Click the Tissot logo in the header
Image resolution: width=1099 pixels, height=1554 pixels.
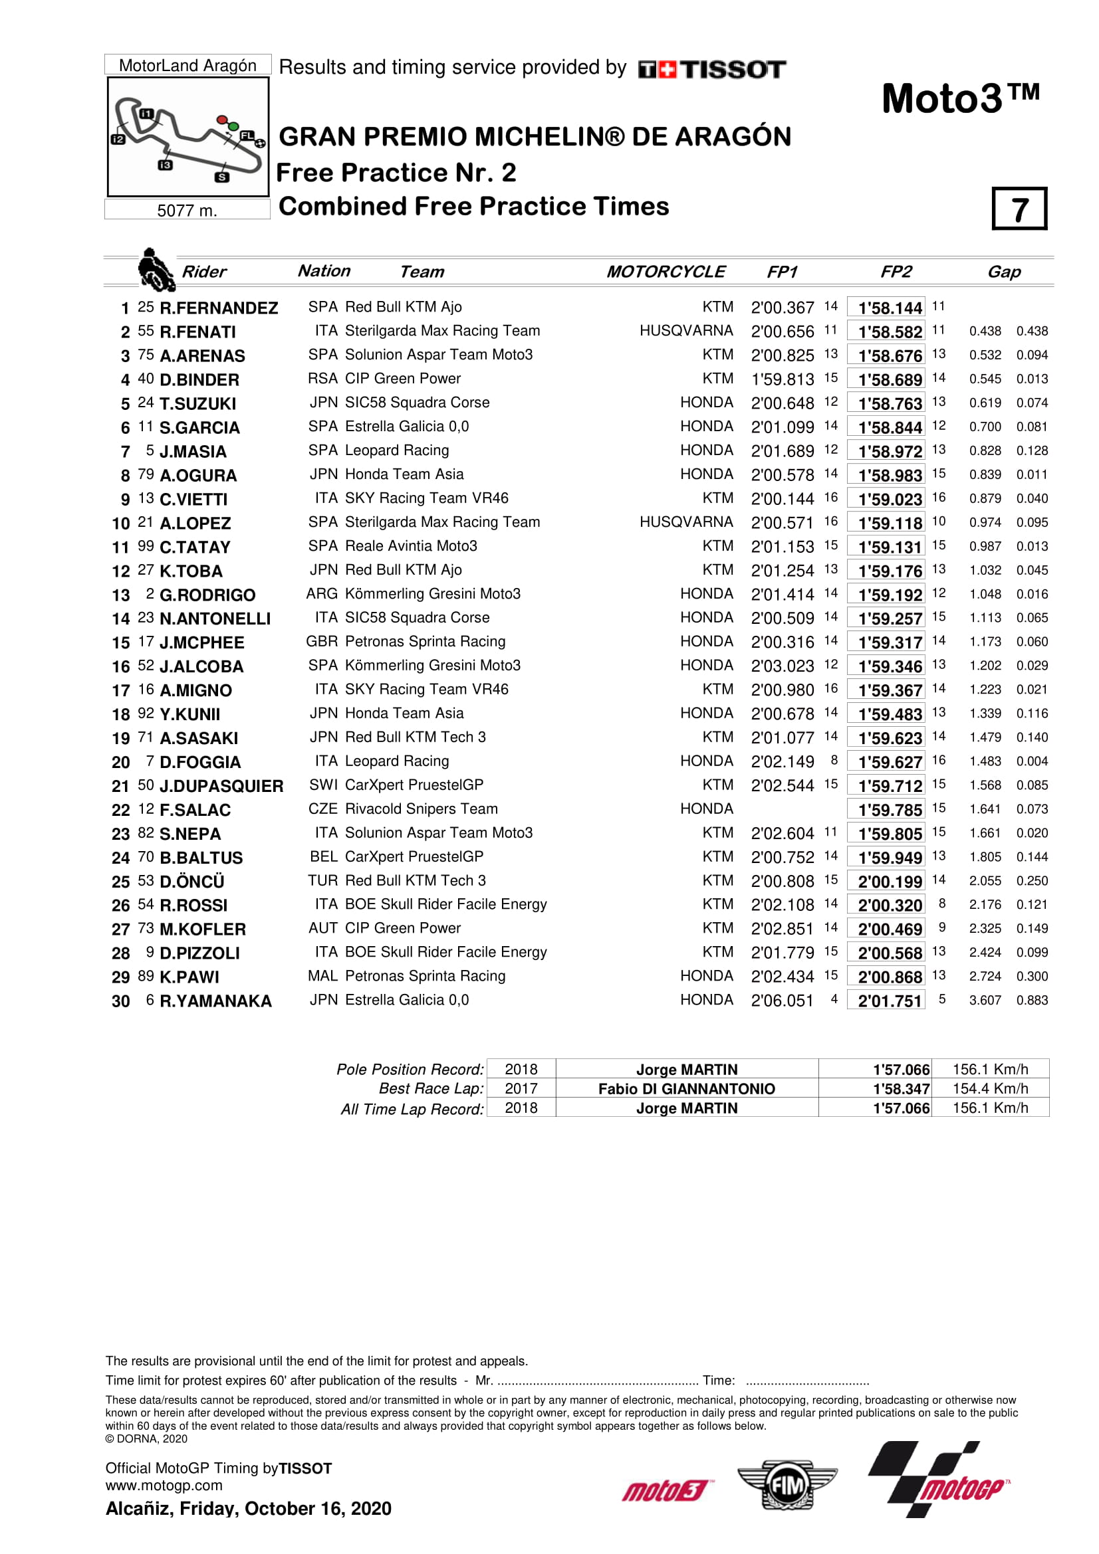(711, 69)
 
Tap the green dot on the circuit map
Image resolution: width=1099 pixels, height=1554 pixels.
(233, 127)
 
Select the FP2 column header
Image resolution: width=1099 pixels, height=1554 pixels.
(895, 272)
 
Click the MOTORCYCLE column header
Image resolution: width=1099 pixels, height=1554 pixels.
(665, 272)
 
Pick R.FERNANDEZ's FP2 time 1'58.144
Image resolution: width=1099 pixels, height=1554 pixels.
(890, 309)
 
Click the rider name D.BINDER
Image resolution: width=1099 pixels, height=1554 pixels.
(199, 381)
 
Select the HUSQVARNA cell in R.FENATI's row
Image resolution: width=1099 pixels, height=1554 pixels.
(686, 331)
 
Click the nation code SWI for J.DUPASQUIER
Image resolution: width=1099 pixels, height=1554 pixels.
(323, 785)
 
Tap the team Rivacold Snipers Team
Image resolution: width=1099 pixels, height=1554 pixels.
(421, 809)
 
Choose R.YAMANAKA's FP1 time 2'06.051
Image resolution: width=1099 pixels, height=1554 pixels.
(782, 1001)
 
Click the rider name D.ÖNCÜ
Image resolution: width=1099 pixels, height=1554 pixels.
(191, 882)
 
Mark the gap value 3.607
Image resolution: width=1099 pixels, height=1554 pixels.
(985, 1001)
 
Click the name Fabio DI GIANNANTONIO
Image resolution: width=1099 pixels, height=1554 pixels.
(686, 1089)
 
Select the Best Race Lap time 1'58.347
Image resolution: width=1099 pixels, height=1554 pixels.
(901, 1089)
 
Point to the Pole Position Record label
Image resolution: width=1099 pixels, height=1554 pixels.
(410, 1070)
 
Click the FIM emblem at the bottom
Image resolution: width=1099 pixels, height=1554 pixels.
(787, 1485)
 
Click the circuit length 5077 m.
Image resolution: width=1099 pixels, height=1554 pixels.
(187, 211)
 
